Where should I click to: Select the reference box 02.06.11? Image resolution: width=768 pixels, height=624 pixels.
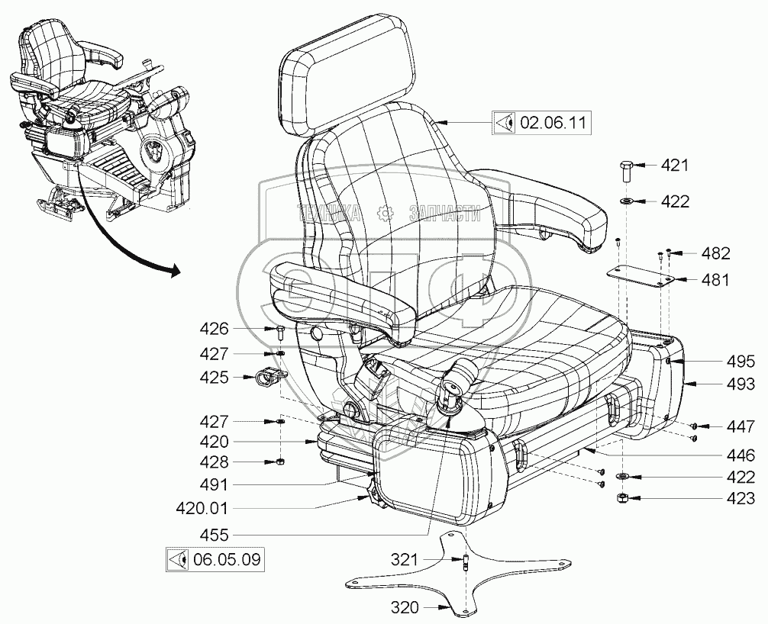point(541,121)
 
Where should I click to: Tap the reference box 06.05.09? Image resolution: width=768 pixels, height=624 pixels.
point(216,560)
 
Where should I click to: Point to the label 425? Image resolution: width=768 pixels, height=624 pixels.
point(215,376)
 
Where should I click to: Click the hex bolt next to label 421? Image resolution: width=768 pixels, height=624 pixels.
point(624,167)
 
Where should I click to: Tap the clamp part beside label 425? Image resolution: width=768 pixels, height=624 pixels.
point(268,376)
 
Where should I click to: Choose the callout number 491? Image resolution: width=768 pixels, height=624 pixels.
point(215,484)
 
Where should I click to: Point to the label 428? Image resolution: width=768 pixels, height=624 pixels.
point(215,462)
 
